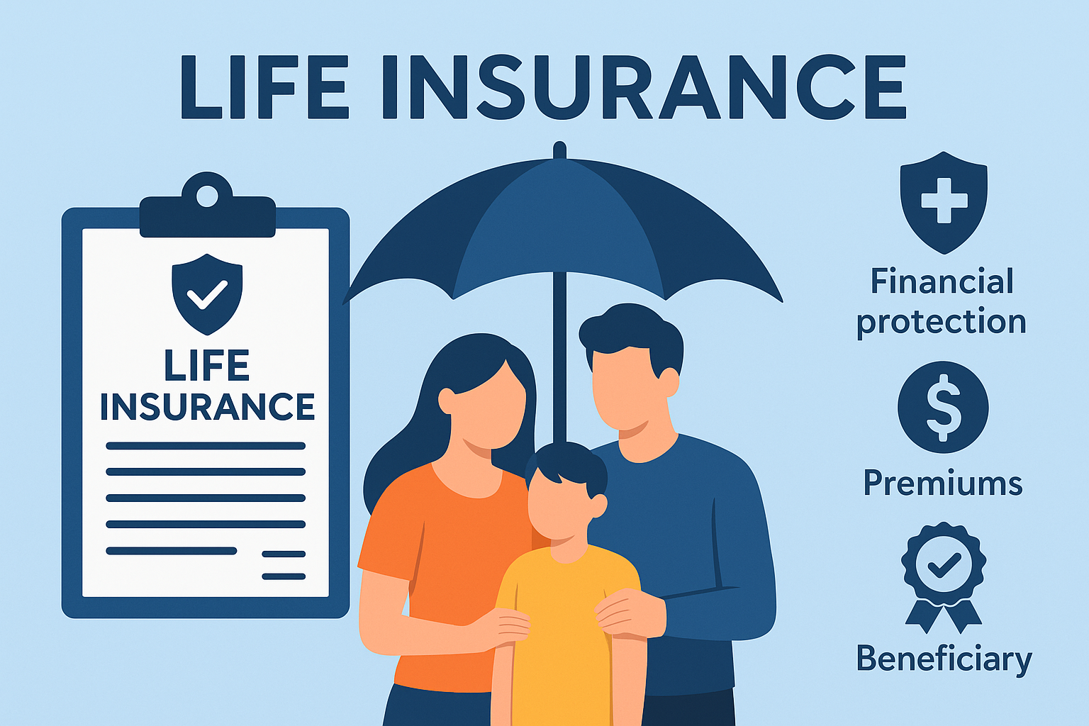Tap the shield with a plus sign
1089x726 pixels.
click(943, 201)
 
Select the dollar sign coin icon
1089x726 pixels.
click(943, 408)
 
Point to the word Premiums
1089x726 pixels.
click(943, 484)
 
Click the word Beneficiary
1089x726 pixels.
click(944, 659)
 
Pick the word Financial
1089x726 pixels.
click(942, 281)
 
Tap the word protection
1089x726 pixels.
click(942, 322)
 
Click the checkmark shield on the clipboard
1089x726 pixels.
click(207, 293)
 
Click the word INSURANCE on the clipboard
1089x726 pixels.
click(207, 407)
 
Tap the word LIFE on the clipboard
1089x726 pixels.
click(207, 366)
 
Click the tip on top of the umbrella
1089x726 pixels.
click(559, 150)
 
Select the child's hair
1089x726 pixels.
click(567, 464)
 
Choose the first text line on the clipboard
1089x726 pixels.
click(206, 446)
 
